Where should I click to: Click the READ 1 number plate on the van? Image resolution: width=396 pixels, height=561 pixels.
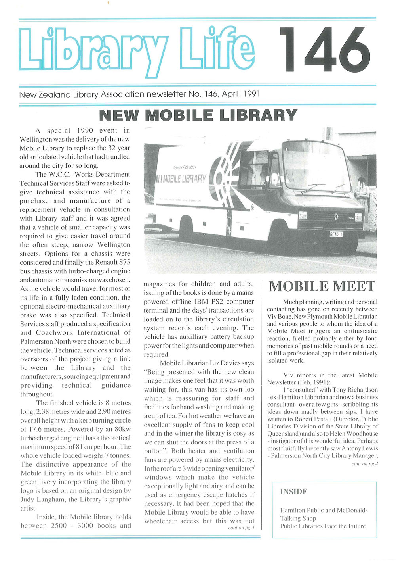click(336, 234)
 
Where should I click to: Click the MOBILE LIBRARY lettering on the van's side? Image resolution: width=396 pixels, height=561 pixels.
click(183, 179)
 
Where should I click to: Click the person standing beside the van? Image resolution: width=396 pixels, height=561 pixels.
click(363, 194)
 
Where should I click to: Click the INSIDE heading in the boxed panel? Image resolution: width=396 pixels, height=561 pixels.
click(294, 492)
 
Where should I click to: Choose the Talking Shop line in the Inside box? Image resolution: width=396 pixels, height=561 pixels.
click(298, 518)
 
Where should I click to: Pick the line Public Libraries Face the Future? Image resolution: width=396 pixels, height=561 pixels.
click(323, 526)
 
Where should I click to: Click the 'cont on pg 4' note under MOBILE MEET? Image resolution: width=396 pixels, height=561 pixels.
click(364, 464)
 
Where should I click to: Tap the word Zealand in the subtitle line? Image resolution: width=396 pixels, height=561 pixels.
click(55, 95)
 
